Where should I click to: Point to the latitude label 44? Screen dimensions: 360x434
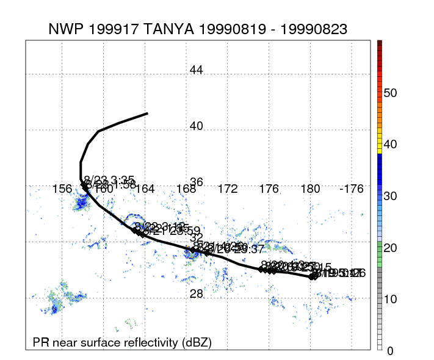click(196, 70)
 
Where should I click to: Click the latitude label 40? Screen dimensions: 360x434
click(196, 126)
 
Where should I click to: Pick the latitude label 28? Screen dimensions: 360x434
click(196, 294)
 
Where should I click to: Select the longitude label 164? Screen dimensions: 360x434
click(145, 189)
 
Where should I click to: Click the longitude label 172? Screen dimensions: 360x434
click(227, 189)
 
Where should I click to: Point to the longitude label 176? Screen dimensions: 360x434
click(269, 189)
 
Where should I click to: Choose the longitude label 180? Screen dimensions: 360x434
click(310, 189)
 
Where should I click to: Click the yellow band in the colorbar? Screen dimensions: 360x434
click(380, 146)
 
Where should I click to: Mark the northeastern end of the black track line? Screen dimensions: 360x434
click(148, 113)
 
